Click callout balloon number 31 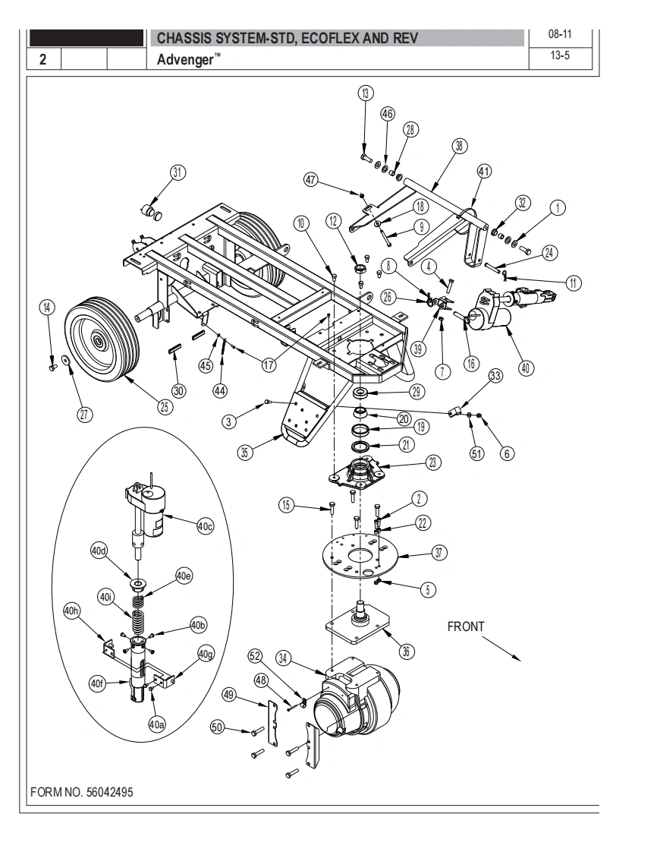178,173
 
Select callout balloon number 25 165,406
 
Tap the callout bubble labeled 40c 206,526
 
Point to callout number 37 439,553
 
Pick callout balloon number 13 366,93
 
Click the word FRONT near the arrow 465,626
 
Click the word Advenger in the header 185,59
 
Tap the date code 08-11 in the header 560,34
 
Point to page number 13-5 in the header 560,55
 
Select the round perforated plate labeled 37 360,556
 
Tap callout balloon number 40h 71,611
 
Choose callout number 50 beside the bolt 217,727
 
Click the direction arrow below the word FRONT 501,648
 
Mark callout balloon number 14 47,308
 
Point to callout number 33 495,376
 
